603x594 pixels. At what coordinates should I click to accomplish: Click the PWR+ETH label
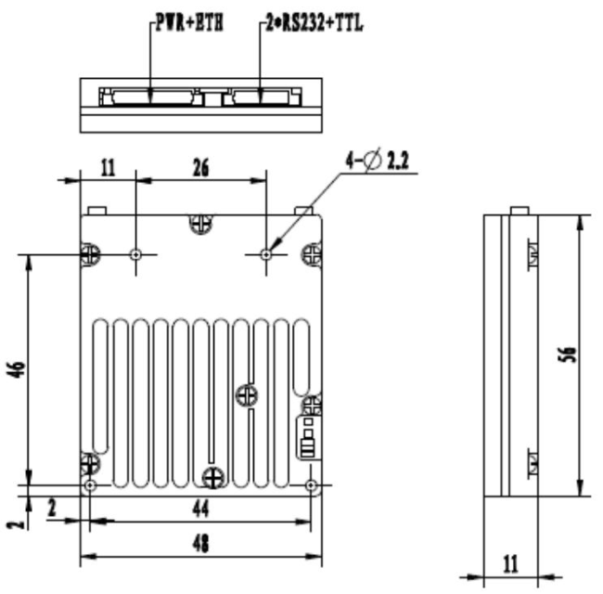pyautogui.click(x=186, y=24)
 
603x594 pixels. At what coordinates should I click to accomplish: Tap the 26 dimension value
pyautogui.click(x=199, y=167)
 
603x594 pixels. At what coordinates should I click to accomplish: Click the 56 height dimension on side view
pyautogui.click(x=571, y=354)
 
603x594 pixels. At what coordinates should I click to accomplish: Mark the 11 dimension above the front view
pyautogui.click(x=107, y=167)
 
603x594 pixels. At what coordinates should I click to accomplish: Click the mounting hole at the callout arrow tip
pyautogui.click(x=266, y=252)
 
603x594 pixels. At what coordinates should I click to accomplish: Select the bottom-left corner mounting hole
pyautogui.click(x=89, y=485)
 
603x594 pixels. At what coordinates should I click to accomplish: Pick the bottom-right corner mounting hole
pyautogui.click(x=311, y=485)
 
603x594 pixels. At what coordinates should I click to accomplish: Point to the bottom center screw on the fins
pyautogui.click(x=213, y=477)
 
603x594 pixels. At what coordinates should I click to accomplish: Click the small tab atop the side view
pyautogui.click(x=521, y=211)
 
